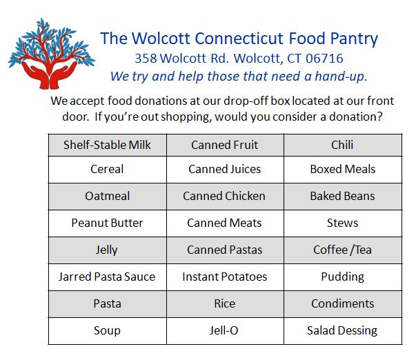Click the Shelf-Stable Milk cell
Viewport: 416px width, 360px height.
click(108, 145)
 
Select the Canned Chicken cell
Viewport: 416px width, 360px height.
click(225, 197)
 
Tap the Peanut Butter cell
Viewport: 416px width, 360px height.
click(108, 223)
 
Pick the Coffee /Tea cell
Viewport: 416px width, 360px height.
click(343, 250)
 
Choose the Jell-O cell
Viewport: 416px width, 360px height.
click(225, 330)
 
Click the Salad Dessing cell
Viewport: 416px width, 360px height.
click(343, 330)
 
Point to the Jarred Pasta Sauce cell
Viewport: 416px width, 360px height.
click(108, 277)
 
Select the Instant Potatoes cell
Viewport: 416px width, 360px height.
click(225, 277)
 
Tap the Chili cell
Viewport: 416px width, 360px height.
click(343, 145)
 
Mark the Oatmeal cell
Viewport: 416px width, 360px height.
click(108, 197)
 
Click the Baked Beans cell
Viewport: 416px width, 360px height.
click(343, 197)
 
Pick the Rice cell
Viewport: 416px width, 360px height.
click(225, 303)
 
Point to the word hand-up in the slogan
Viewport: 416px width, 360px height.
click(341, 77)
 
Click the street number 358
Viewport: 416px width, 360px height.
click(146, 59)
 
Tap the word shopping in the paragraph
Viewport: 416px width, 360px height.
click(186, 117)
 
